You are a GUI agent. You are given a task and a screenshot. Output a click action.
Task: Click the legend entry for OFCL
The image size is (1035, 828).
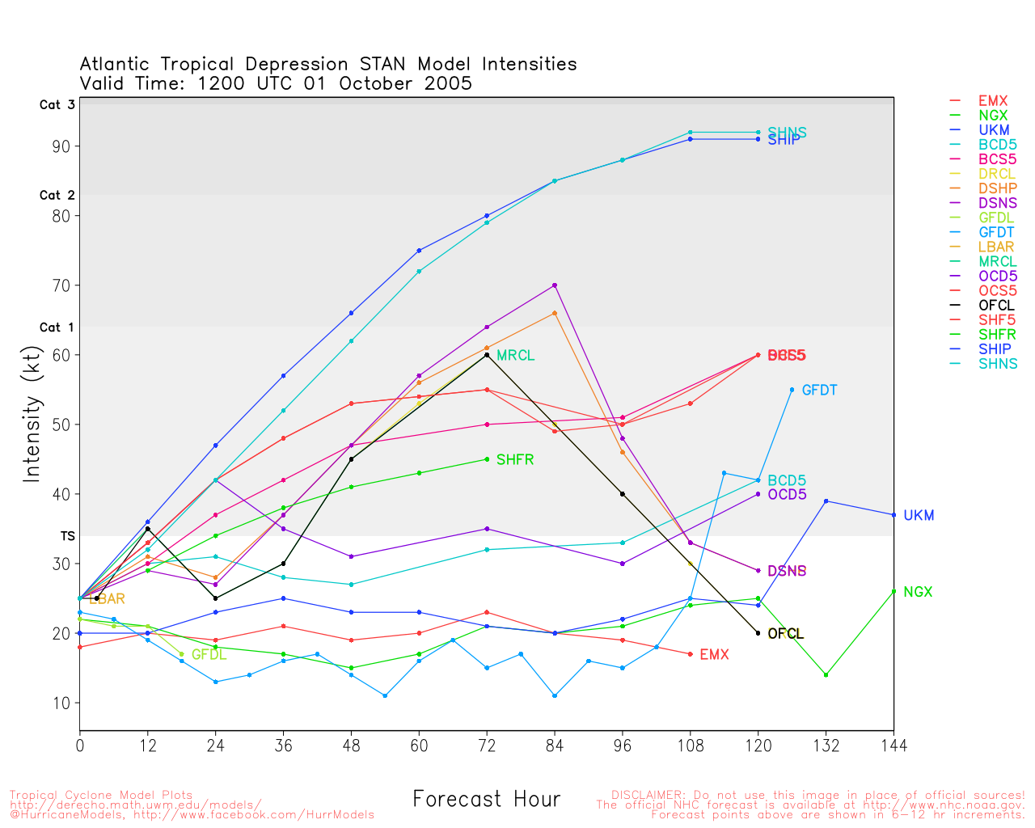995,306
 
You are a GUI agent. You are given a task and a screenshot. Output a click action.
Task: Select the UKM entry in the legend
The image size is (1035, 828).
994,130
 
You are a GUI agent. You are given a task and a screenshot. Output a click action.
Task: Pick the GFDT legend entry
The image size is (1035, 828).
995,233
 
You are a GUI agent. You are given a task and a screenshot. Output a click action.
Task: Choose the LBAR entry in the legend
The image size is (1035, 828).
995,247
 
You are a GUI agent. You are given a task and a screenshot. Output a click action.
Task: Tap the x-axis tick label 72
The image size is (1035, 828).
487,745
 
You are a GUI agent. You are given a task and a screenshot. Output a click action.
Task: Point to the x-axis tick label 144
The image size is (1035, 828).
893,745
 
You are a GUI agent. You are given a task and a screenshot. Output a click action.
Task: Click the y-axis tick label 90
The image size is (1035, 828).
61,146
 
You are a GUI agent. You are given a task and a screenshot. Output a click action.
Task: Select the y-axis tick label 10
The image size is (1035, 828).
61,703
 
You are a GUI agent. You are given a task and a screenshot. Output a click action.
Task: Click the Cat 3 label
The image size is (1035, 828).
57,105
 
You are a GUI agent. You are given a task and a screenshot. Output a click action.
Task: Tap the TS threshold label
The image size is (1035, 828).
67,536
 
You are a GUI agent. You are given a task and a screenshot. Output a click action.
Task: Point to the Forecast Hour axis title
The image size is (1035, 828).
486,800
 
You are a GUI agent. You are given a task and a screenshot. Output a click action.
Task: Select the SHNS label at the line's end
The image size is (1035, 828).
787,133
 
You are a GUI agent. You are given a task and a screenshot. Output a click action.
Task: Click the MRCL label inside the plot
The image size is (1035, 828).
515,356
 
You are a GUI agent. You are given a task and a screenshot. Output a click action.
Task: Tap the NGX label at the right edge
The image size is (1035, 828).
918,592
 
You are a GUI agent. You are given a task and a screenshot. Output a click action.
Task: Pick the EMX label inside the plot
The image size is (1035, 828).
714,655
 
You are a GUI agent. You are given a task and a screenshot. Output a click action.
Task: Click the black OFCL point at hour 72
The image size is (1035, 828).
487,355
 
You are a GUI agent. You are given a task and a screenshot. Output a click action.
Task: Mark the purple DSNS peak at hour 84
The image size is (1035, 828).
555,285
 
